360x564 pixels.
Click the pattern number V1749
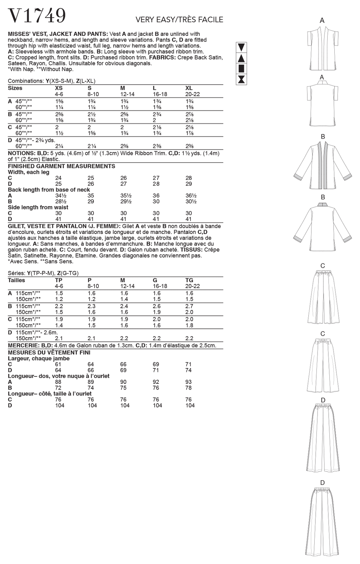37,16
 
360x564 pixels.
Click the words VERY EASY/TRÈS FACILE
179,20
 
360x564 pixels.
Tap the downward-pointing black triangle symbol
242,47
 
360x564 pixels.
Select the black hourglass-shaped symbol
242,80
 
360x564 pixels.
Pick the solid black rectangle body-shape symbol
242,69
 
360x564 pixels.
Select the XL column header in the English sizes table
189,88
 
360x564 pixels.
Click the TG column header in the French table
189,280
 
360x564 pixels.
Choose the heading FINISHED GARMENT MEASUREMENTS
62,166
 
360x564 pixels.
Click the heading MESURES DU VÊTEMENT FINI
49,353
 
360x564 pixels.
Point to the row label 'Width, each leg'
28,172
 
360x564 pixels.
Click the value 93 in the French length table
188,382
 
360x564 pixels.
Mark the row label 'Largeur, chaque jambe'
39,359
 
